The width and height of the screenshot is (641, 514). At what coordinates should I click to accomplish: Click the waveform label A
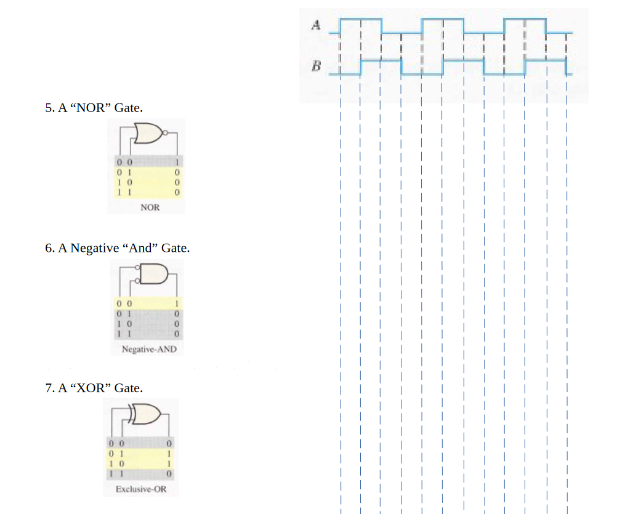coord(316,25)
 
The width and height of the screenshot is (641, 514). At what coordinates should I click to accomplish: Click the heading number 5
coord(49,108)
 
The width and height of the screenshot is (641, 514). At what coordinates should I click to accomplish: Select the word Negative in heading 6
coord(94,248)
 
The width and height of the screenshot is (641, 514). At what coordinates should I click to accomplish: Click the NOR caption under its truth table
coord(150,207)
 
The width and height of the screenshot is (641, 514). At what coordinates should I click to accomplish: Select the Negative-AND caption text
coord(149,349)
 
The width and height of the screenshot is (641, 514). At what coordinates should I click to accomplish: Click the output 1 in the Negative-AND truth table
coord(177,303)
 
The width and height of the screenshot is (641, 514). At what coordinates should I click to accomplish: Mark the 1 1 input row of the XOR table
coord(116,474)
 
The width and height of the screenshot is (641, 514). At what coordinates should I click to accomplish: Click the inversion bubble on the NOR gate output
coord(164,132)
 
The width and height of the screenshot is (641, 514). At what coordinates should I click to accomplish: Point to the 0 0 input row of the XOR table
coord(116,443)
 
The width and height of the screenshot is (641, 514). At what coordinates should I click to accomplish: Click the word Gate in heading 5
coord(128,108)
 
